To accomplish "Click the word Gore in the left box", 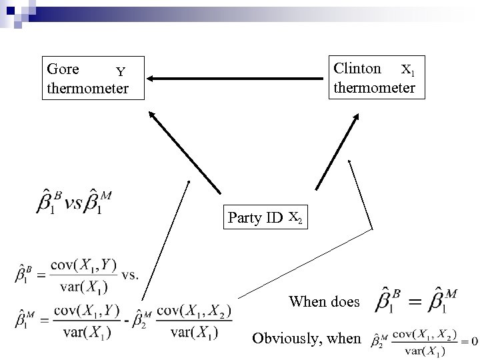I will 63,69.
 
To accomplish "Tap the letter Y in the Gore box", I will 121,72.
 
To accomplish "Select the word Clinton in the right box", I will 357,68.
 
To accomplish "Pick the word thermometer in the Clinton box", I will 374,87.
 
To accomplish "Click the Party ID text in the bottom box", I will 255,217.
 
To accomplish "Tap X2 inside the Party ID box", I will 297,217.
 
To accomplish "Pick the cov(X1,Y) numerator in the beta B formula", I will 85,266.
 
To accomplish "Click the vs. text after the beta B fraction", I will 131,273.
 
